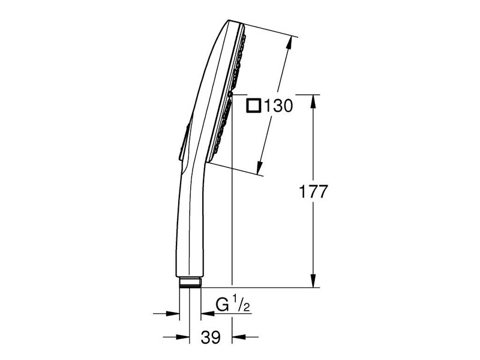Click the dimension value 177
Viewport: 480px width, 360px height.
pos(313,192)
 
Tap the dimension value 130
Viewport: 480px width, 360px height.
pos(278,106)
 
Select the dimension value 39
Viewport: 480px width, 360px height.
pos(211,337)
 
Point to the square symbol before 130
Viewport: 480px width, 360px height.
pos(254,106)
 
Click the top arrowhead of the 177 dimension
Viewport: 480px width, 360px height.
pos(313,101)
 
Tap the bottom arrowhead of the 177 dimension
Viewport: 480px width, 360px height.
pos(313,280)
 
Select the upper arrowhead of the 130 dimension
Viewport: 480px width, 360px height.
pos(289,43)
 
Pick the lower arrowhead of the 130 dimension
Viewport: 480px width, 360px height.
pos(260,168)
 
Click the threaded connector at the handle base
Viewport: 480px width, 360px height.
pos(190,282)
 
